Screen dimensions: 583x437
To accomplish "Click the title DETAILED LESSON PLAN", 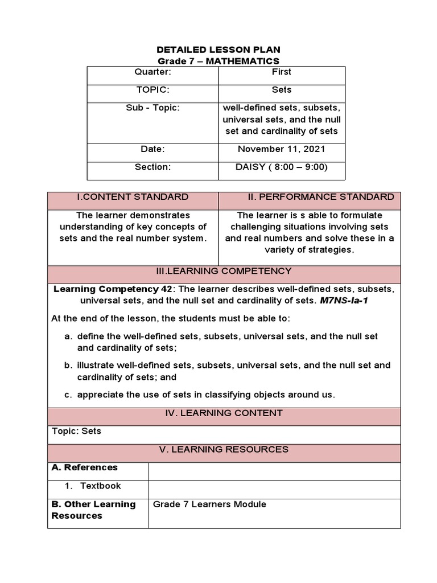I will tap(218, 50).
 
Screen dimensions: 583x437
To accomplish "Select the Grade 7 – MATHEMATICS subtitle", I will tap(218, 61).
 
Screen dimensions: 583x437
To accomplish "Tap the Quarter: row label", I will tap(152, 72).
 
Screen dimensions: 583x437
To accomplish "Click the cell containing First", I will tap(281, 72).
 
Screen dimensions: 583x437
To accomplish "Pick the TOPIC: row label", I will tap(152, 90).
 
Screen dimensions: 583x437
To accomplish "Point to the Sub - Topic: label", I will tap(152, 108).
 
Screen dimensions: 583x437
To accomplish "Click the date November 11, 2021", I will tap(281, 149).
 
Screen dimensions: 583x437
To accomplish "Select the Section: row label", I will tap(152, 167).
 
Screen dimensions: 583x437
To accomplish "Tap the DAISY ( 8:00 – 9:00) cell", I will tap(281, 167).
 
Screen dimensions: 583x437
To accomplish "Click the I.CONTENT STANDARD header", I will tap(133, 197).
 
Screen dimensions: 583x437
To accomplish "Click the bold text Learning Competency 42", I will tap(113, 289).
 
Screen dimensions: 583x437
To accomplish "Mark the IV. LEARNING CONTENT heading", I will tap(224, 413).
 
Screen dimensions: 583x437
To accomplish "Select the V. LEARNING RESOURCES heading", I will tap(224, 449).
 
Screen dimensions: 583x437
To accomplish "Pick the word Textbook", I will tap(100, 486).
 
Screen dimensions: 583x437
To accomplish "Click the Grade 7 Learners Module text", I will tap(209, 504).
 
